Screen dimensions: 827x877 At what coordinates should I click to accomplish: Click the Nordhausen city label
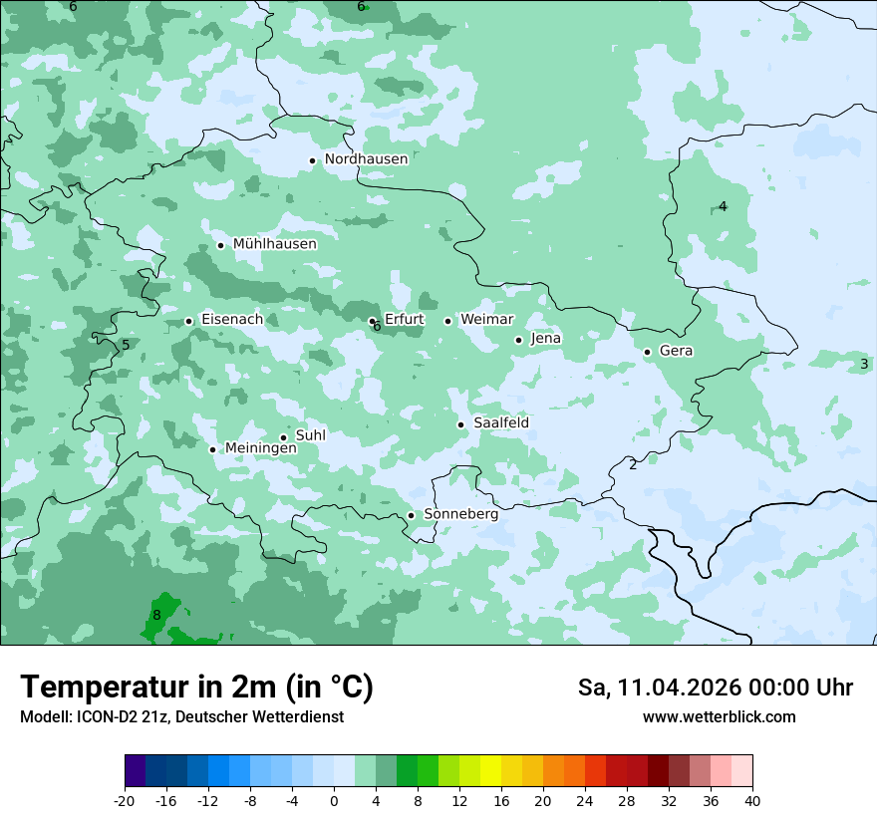click(x=366, y=159)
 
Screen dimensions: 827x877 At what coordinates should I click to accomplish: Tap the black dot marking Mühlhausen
click(x=220, y=245)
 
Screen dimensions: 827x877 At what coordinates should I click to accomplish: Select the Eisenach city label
click(x=232, y=320)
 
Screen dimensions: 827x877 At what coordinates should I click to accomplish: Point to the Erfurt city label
click(x=404, y=320)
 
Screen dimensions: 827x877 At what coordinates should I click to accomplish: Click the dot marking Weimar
click(x=447, y=321)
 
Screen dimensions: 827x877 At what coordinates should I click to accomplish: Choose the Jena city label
click(x=545, y=339)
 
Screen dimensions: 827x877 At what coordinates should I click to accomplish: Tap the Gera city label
click(x=676, y=351)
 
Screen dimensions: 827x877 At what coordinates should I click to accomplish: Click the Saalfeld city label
click(x=500, y=423)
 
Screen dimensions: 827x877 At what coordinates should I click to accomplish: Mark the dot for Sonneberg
click(x=411, y=515)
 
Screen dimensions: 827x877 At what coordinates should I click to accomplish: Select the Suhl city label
click(x=311, y=435)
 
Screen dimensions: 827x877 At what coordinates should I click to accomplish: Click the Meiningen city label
click(x=260, y=449)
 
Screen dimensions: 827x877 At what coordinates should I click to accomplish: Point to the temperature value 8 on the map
click(x=156, y=615)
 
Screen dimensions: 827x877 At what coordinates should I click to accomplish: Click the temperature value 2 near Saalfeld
click(x=632, y=464)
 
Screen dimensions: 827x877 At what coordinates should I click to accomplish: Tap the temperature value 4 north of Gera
click(x=723, y=206)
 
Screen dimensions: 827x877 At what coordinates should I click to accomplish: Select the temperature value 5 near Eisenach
click(x=126, y=345)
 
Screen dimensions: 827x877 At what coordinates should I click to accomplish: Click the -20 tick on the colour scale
click(x=125, y=800)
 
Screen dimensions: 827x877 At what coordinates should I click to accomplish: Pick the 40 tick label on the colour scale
click(x=751, y=800)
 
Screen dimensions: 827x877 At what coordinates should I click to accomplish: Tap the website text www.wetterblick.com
click(x=719, y=717)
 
